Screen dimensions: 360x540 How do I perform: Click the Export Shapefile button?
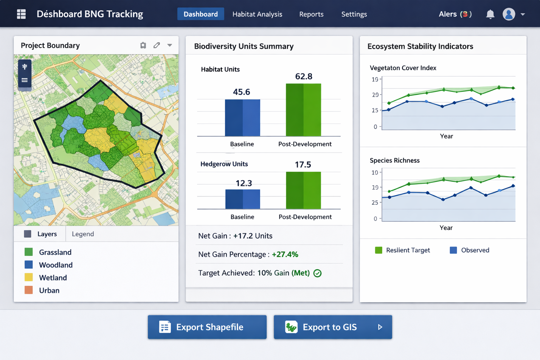pyautogui.click(x=207, y=327)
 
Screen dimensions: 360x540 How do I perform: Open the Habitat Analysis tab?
pyautogui.click(x=257, y=14)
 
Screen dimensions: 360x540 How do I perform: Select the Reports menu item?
pyautogui.click(x=311, y=14)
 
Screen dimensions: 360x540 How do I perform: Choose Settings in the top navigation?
pyautogui.click(x=354, y=14)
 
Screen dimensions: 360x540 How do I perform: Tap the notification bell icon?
pyautogui.click(x=490, y=14)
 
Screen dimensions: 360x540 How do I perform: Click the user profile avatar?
pyautogui.click(x=509, y=14)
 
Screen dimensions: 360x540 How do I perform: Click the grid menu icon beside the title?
pyautogui.click(x=21, y=14)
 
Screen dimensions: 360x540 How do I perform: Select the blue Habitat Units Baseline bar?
pyautogui.click(x=242, y=118)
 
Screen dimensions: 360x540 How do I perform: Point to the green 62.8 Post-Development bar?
pyautogui.click(x=303, y=110)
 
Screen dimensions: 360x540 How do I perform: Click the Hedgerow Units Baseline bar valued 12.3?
pyautogui.click(x=243, y=199)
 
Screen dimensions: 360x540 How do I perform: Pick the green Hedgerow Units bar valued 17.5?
pyautogui.click(x=303, y=190)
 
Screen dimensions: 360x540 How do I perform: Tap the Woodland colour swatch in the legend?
pyautogui.click(x=29, y=265)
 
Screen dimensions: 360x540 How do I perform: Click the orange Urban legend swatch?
pyautogui.click(x=29, y=290)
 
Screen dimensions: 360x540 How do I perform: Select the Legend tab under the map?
pyautogui.click(x=83, y=234)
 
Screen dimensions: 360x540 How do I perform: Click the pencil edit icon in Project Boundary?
pyautogui.click(x=156, y=45)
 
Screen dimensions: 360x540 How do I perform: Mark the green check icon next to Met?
pyautogui.click(x=317, y=273)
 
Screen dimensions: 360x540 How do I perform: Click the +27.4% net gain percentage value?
pyautogui.click(x=285, y=255)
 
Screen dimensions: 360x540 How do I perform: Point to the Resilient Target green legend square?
pyautogui.click(x=379, y=250)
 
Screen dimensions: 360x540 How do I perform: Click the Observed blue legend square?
pyautogui.click(x=454, y=250)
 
